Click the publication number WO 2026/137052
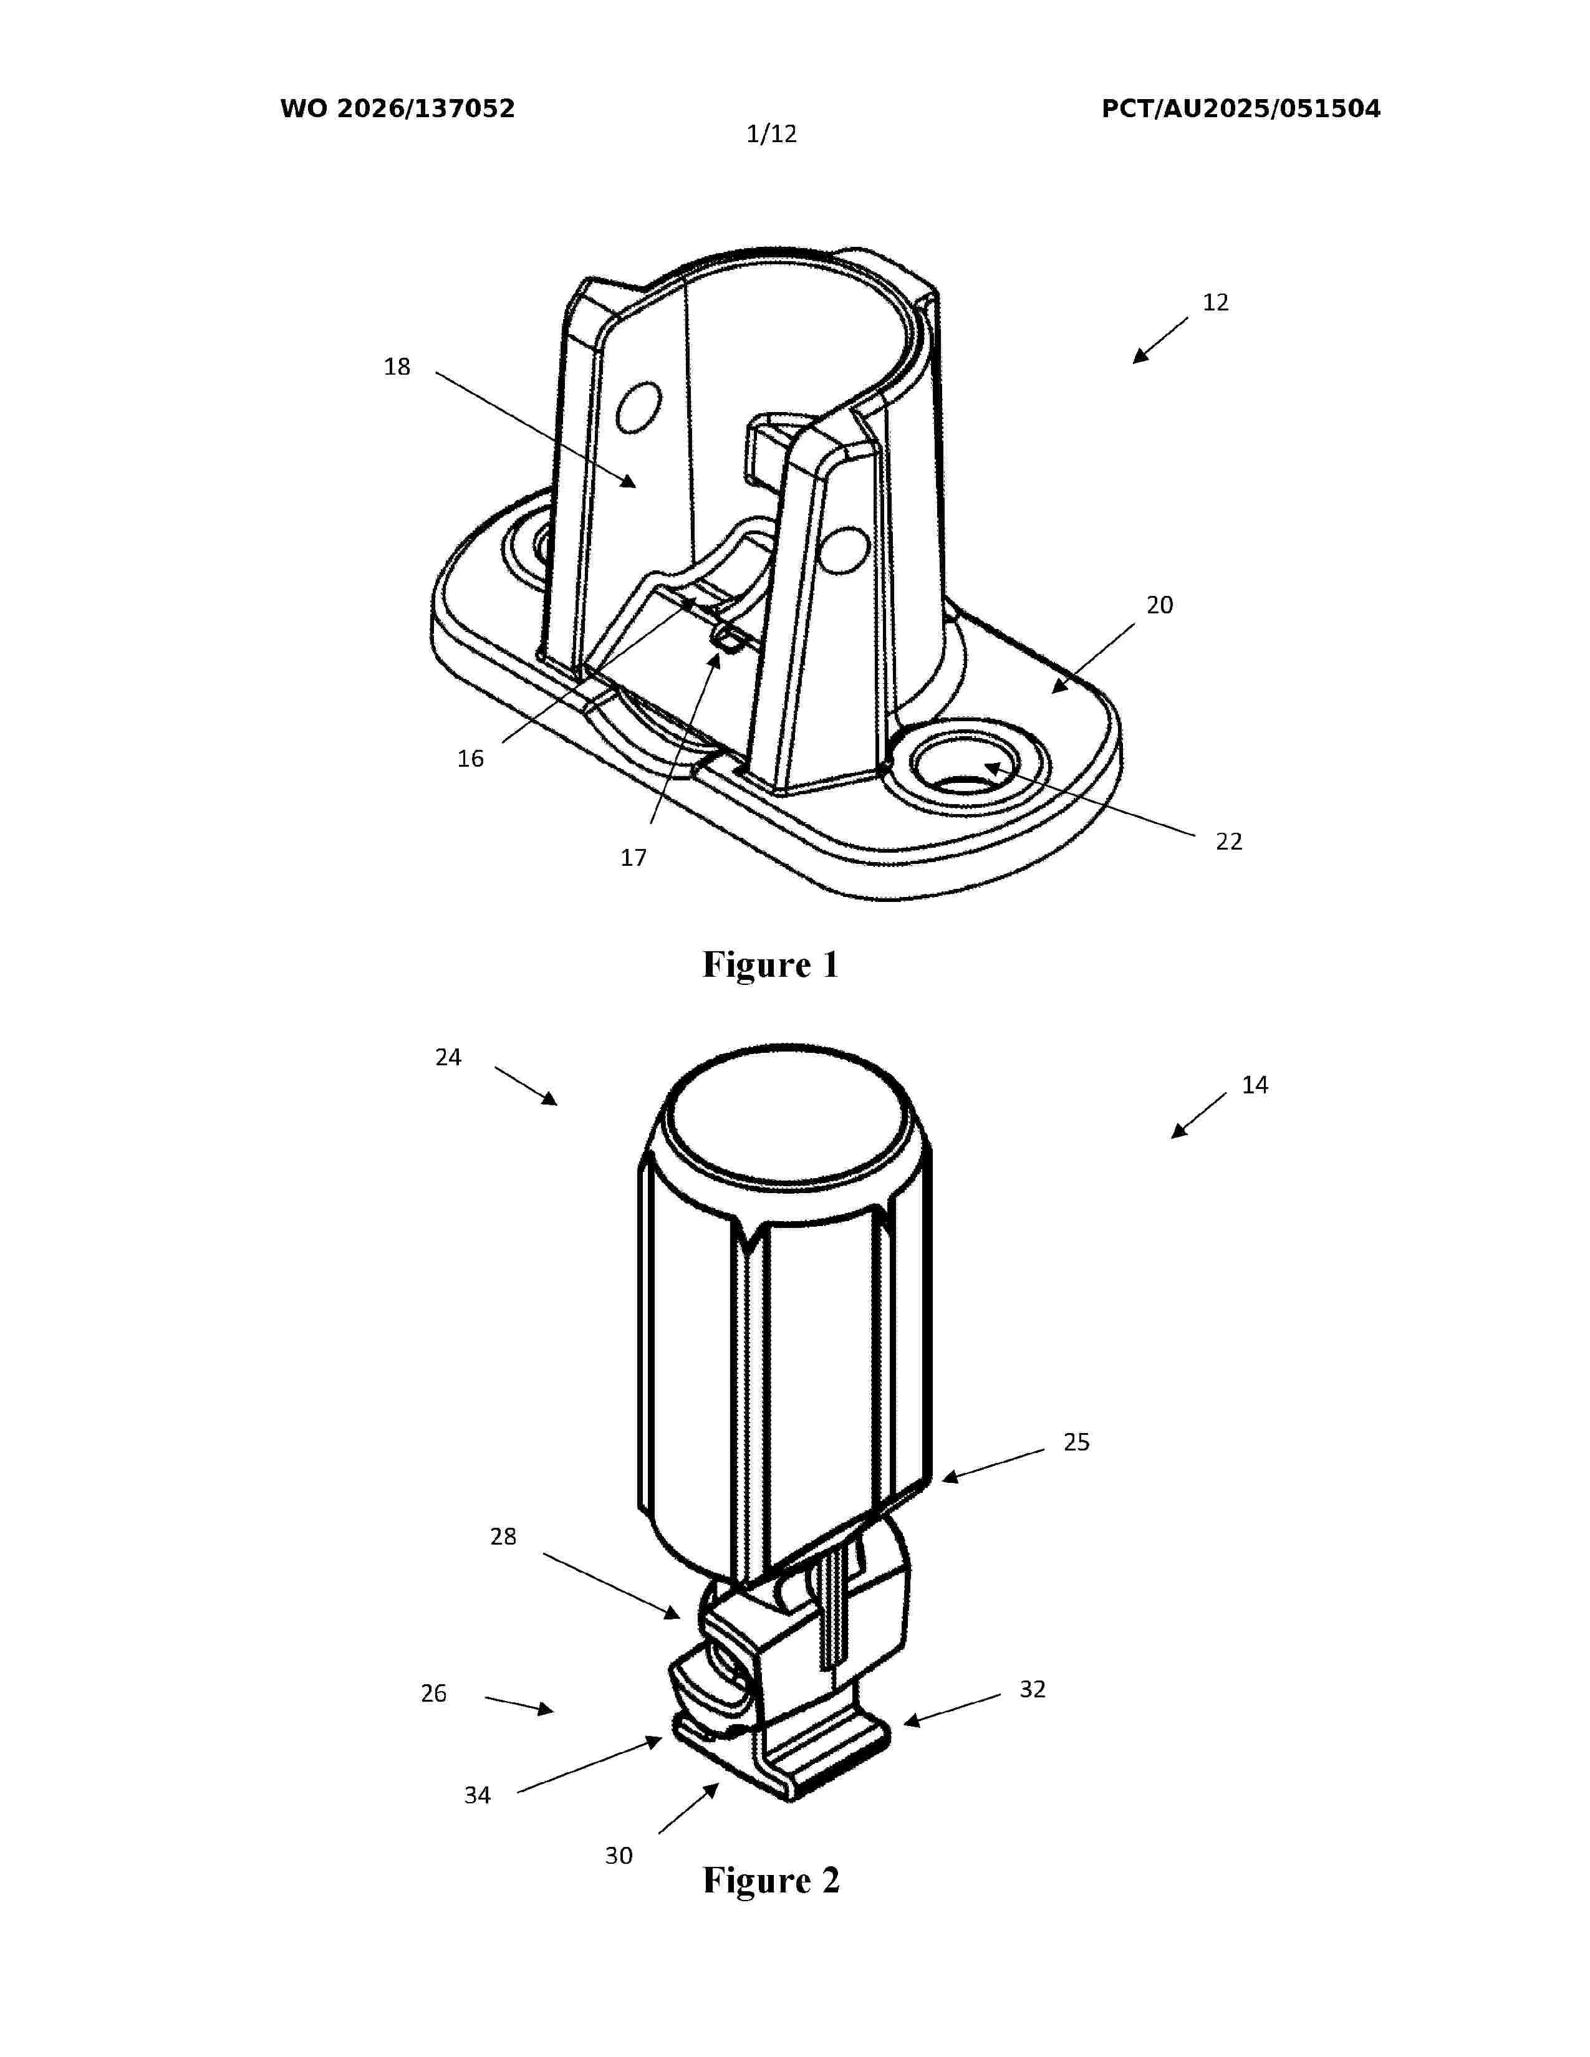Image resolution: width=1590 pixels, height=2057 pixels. point(398,109)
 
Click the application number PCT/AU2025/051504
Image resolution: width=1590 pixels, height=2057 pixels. point(1241,109)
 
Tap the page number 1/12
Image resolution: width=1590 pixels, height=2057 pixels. point(771,135)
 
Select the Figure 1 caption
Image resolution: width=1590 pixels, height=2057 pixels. point(771,964)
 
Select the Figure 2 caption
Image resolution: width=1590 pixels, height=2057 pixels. point(771,1880)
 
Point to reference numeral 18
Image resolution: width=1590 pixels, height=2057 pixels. point(398,367)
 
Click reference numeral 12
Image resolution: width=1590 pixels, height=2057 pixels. point(1215,302)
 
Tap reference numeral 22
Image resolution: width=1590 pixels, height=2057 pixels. point(1228,841)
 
